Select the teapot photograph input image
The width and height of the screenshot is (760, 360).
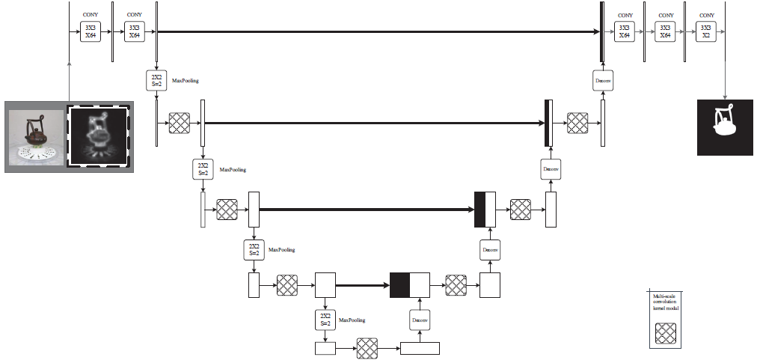coord(34,135)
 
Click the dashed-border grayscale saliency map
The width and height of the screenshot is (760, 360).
coord(99,135)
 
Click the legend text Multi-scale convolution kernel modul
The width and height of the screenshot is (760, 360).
coord(665,302)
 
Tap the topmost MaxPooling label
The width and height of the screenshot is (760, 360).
coord(186,79)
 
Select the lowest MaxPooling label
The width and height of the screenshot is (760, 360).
coord(352,320)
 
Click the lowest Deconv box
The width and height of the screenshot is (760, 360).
coord(420,320)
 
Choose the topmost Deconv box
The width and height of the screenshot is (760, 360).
coord(603,80)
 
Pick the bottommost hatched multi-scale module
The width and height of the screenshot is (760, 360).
coord(367,348)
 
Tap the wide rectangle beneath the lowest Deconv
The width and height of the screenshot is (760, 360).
coord(420,348)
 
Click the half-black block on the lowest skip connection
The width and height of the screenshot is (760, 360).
coord(409,285)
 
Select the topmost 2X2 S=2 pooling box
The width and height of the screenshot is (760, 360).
coord(156,80)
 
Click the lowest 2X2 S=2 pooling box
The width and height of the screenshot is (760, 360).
coord(325,320)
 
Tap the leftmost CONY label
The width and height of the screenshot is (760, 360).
coord(91,15)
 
